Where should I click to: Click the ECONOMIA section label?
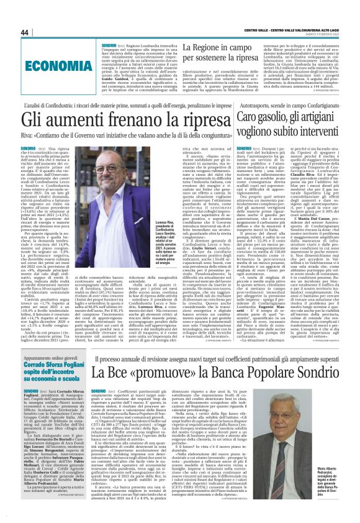[x=52, y=64]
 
